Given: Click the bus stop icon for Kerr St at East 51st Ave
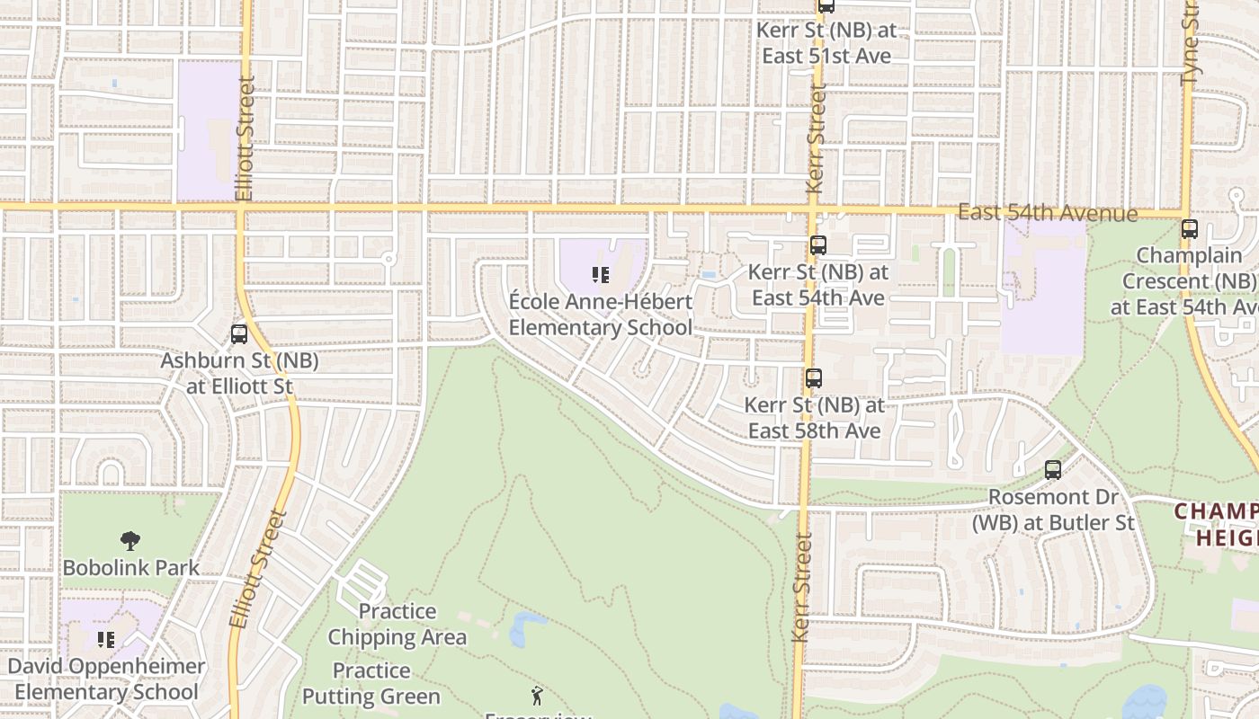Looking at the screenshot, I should point(826,6).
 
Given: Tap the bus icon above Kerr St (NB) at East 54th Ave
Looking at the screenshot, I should point(817,244).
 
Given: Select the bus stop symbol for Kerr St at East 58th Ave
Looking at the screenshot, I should point(814,378).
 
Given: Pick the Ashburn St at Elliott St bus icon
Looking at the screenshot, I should point(239,334).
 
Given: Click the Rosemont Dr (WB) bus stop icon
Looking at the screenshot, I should point(1053,469).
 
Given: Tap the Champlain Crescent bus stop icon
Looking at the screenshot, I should point(1190,228).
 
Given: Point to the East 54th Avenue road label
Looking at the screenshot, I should point(1047,213).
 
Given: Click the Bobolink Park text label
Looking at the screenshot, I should point(131,567).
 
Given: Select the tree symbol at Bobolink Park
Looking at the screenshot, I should point(130,540).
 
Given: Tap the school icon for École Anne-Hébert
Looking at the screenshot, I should point(601,275).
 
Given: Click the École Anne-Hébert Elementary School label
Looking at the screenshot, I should point(601,315).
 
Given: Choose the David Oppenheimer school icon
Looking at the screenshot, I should point(106,640).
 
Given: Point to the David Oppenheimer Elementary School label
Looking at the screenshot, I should point(106,679).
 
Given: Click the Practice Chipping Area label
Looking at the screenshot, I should point(397,625).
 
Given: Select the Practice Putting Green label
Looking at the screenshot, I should point(371,684).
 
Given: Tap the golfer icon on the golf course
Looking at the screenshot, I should point(537,696).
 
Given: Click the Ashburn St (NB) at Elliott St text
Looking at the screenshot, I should point(239,374).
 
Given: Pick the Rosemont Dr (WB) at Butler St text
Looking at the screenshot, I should point(1053,510).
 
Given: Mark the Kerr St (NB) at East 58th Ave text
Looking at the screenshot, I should point(814,418).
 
